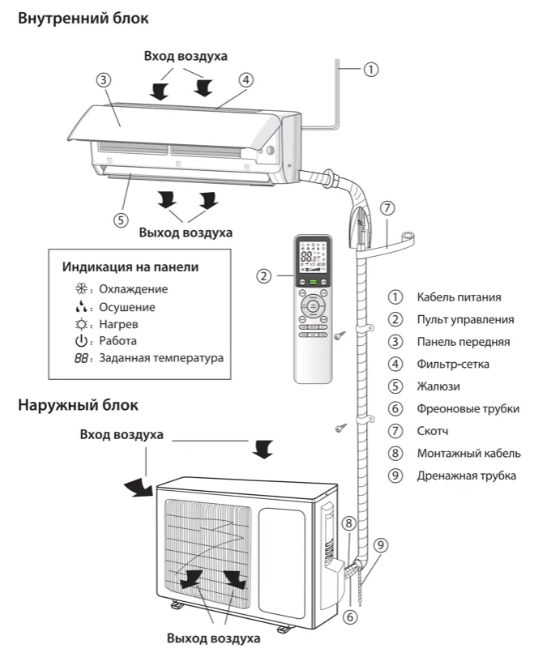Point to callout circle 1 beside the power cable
(370, 69)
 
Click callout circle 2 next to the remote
(263, 275)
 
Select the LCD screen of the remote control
(313, 257)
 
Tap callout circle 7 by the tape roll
(387, 207)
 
